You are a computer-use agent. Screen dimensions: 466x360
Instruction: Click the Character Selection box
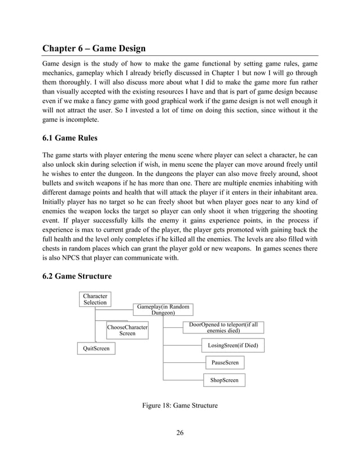[95, 299]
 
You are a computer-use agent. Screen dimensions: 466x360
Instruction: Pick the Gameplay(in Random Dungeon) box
[163, 309]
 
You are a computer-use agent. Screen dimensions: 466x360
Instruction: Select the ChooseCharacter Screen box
[127, 330]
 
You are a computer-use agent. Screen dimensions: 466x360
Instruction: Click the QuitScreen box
[95, 349]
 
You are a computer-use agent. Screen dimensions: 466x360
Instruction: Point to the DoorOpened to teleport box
[223, 328]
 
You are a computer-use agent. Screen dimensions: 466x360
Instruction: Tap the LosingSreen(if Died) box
[232, 345]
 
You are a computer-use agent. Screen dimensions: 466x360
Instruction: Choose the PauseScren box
[224, 362]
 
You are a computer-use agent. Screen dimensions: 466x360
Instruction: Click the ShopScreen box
[224, 380]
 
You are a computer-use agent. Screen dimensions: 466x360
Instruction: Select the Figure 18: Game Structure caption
[180, 405]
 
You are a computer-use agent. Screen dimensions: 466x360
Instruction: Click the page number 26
[180, 433]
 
